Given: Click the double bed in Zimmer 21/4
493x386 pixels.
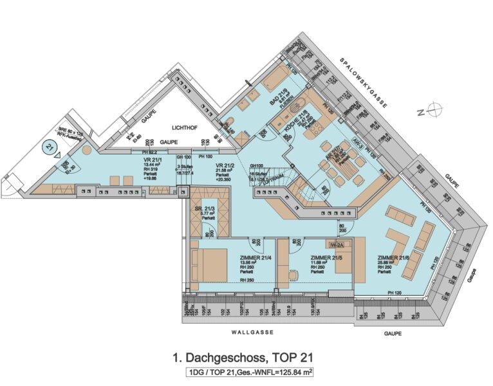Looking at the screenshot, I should [x=210, y=264].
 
